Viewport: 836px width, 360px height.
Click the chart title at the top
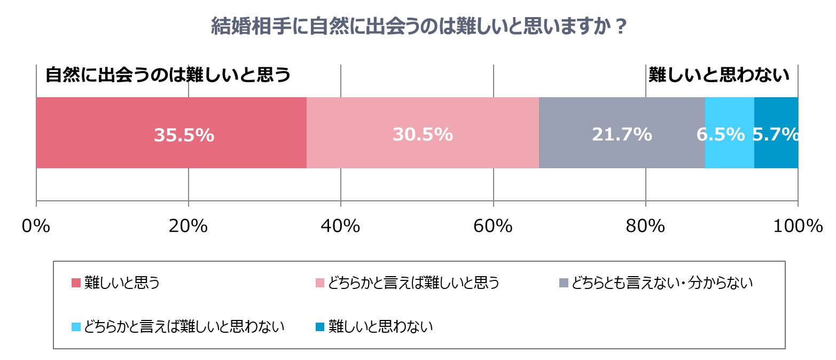click(x=418, y=27)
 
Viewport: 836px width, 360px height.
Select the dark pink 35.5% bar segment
click(x=107, y=134)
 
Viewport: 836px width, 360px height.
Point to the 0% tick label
click(x=36, y=226)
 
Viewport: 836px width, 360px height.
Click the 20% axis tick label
click(x=188, y=226)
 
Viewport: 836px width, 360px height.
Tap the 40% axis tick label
click(x=341, y=226)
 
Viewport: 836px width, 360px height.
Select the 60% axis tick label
click(x=493, y=226)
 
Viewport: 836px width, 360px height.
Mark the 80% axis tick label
click(x=646, y=226)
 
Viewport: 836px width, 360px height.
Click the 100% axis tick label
click(x=798, y=226)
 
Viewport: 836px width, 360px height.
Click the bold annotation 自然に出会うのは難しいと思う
click(x=168, y=75)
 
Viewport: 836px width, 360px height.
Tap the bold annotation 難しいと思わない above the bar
click(x=719, y=75)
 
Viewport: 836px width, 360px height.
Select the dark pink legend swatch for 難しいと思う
click(x=76, y=283)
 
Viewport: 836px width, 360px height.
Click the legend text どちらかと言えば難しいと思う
click(x=413, y=283)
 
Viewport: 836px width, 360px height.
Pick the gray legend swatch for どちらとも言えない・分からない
click(x=563, y=283)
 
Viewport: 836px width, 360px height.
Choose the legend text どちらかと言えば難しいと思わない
click(x=185, y=326)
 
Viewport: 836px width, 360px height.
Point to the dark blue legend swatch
click(x=319, y=326)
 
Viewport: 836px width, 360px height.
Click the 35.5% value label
click(x=184, y=135)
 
